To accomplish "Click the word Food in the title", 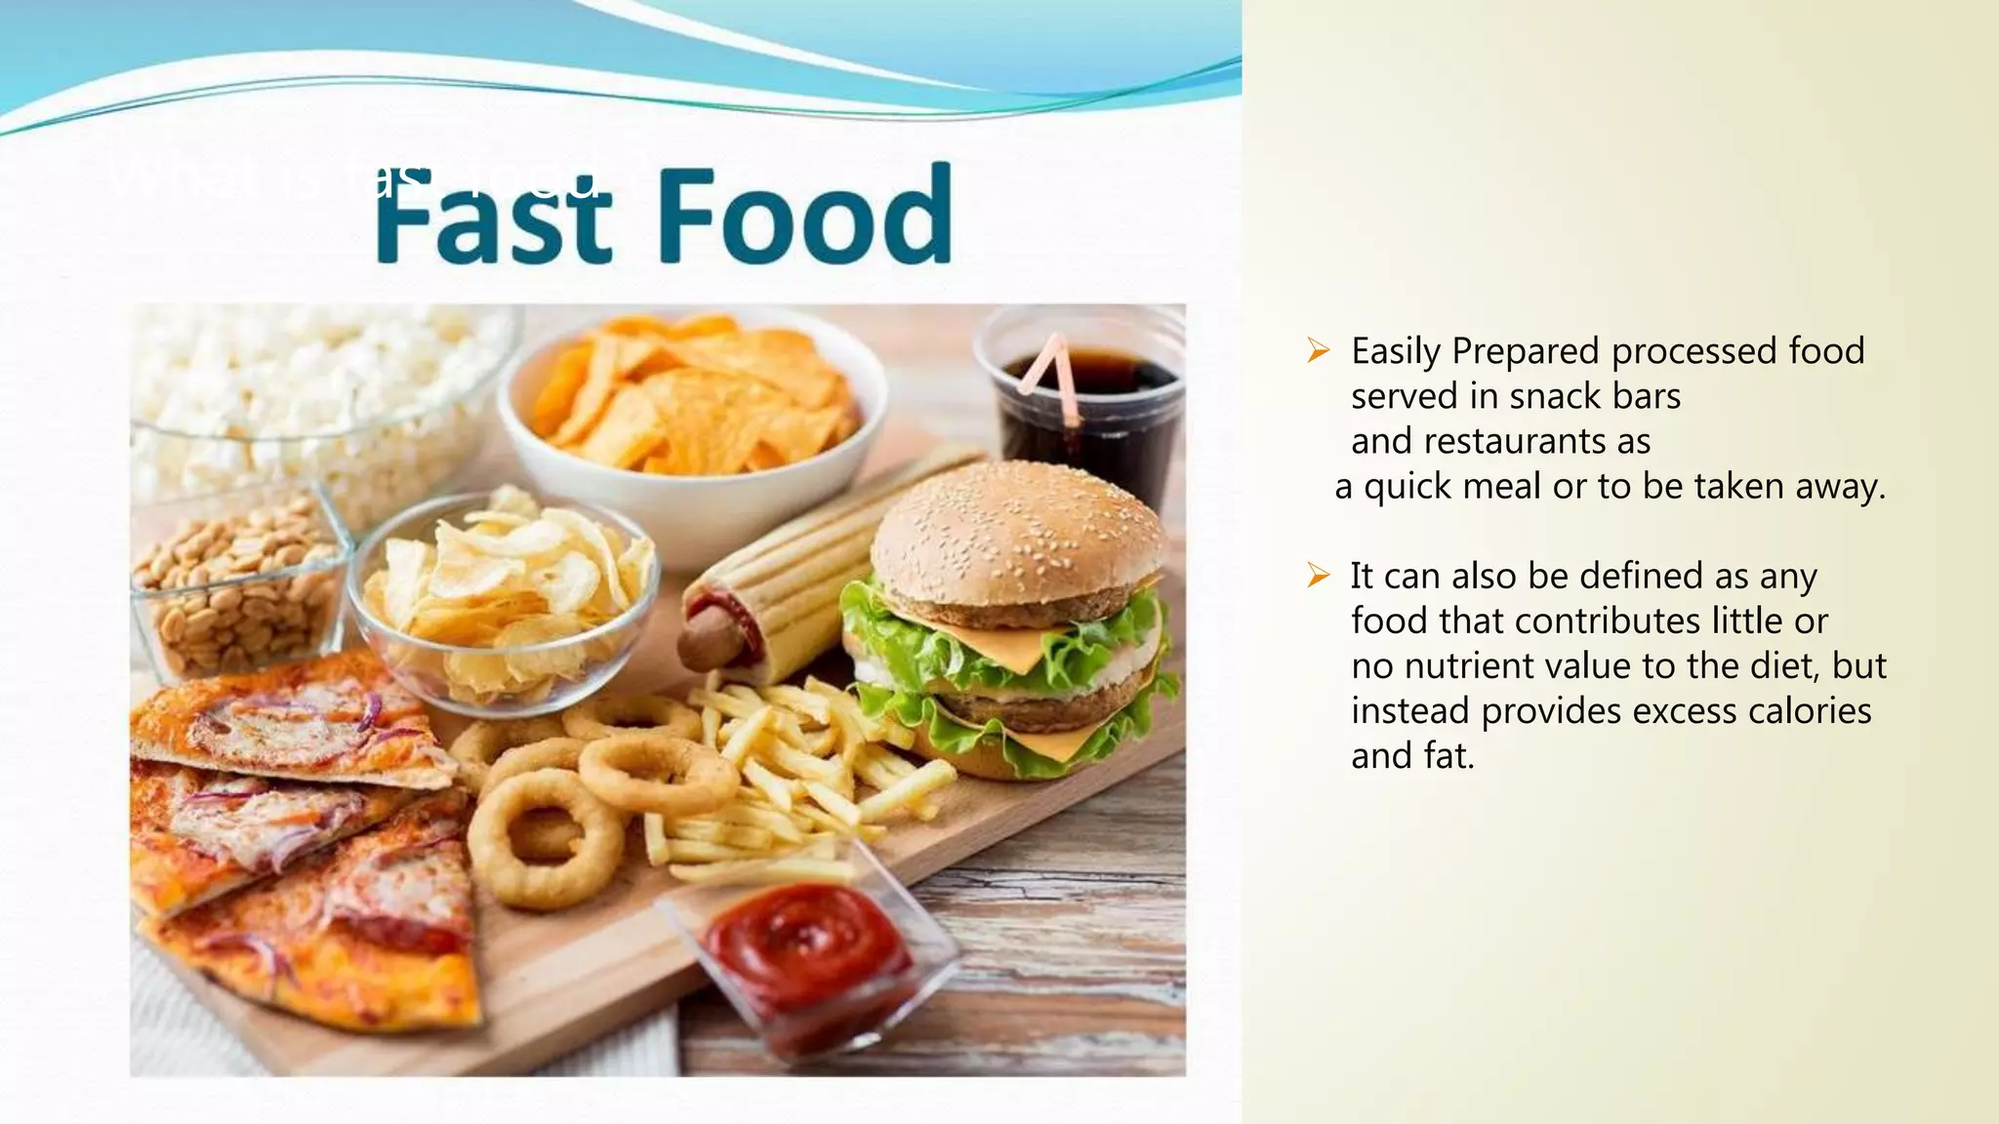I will pos(805,215).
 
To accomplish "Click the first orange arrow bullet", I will pos(1319,351).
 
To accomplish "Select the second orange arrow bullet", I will pos(1319,576).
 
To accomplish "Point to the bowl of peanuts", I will pos(234,585).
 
